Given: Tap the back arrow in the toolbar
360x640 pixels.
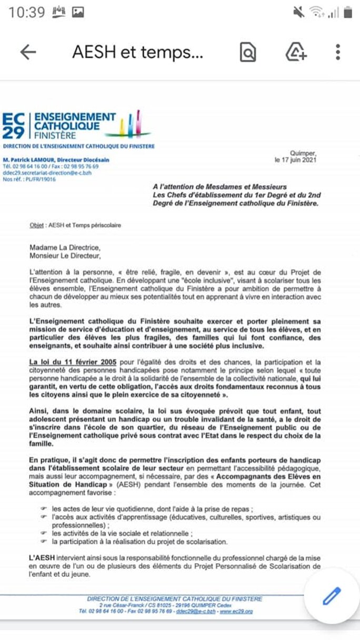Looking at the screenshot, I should [28, 52].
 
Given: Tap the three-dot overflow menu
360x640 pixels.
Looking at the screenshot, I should [338, 52].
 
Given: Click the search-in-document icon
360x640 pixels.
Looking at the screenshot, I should [247, 52].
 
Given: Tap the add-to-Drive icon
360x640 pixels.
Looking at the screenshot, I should [296, 52].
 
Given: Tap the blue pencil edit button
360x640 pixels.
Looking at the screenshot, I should [332, 597].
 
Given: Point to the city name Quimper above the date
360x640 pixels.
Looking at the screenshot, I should [304, 153].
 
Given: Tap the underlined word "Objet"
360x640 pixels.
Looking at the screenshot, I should [37, 225].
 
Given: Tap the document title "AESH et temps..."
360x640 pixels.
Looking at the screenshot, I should [137, 52].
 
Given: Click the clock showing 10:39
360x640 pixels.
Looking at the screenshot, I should [27, 12].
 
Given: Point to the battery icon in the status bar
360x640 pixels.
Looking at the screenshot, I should [348, 12].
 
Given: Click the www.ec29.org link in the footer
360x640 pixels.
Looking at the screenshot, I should [237, 612].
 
